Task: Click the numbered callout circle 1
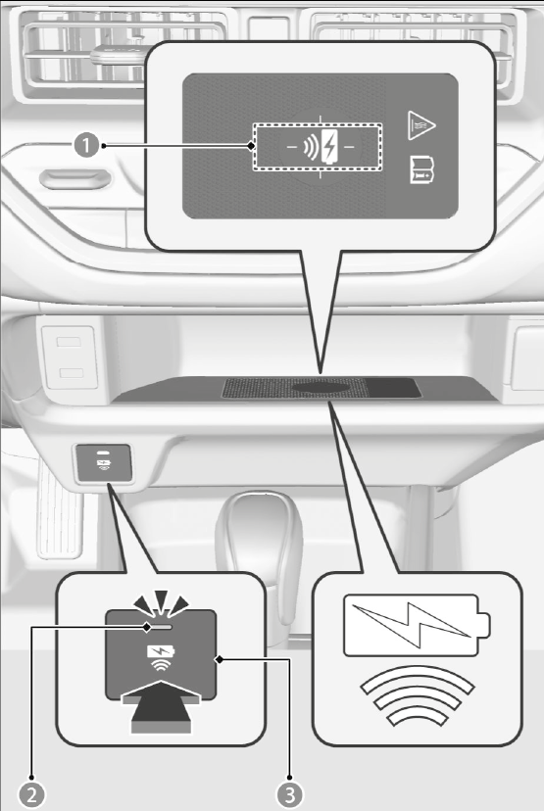pos(86,145)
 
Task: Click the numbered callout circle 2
pos(31,795)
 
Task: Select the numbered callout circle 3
pos(289,795)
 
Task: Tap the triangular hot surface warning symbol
pos(420,125)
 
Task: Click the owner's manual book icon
pos(421,169)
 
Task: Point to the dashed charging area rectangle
pos(318,147)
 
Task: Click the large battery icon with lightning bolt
pos(417,625)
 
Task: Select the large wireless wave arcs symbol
pos(417,695)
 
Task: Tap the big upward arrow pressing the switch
pos(161,707)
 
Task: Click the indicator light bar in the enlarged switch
pos(160,627)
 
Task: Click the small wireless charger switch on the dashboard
pos(104,463)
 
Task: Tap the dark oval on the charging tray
pos(321,387)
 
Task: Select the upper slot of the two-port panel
pos(69,342)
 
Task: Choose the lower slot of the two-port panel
pos(71,373)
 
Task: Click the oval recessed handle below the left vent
pos(75,179)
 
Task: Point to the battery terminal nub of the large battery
pos(484,625)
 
